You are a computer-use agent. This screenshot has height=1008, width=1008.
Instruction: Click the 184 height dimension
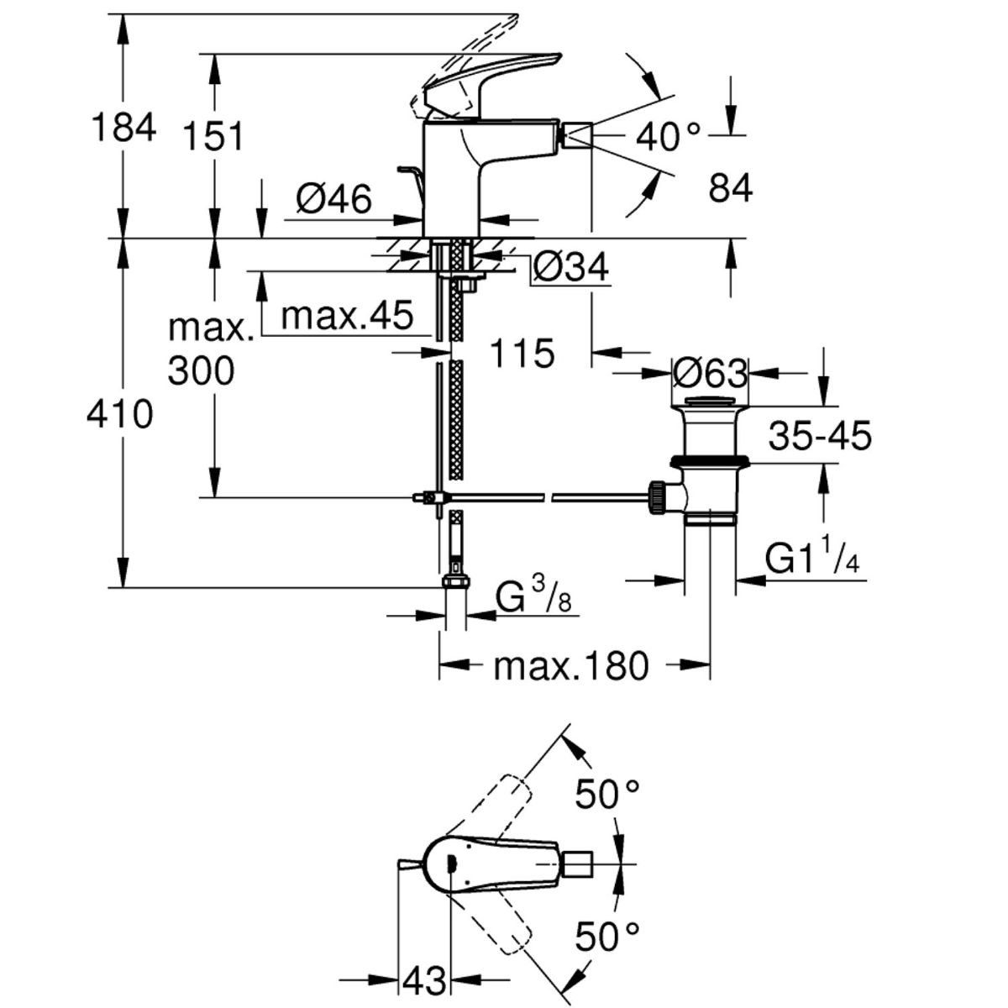coord(123,127)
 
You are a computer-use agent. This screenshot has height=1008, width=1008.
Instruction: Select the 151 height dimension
coord(214,137)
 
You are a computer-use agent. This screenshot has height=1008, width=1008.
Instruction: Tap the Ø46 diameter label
coord(333,199)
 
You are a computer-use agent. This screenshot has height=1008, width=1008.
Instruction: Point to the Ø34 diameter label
coord(571,267)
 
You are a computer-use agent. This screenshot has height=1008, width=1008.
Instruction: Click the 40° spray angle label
coord(668,137)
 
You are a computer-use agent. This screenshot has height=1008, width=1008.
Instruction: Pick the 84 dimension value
coord(731,188)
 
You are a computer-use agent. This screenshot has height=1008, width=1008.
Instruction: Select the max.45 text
coord(347,316)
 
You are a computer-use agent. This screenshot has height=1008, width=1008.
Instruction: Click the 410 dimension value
coord(120,415)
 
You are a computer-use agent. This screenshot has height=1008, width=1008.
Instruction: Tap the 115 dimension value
coord(522,353)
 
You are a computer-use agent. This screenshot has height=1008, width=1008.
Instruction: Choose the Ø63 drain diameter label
coord(710,374)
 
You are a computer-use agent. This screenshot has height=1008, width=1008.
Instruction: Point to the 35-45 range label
coord(820,435)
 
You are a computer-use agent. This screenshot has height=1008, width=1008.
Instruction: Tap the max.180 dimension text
coord(570,666)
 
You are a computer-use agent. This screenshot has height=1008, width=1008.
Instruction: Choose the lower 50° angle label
coord(606,906)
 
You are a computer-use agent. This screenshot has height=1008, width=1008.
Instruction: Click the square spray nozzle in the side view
coord(576,136)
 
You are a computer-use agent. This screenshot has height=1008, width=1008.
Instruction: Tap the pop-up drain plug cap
coord(710,402)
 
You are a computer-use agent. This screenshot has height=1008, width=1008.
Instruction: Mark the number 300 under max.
coord(202,371)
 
